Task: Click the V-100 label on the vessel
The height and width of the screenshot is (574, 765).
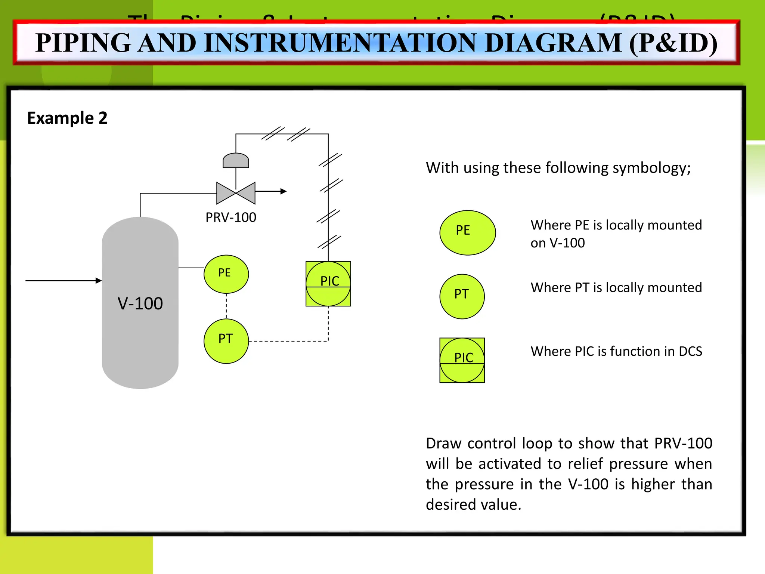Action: pos(140,303)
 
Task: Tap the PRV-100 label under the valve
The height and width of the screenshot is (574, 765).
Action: pos(231,217)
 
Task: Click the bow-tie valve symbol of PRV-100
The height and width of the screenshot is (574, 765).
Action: pos(236,193)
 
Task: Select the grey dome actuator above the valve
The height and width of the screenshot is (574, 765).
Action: pos(236,161)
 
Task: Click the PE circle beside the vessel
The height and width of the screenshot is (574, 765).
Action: pos(226,274)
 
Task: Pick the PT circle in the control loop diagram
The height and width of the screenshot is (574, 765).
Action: pos(226,341)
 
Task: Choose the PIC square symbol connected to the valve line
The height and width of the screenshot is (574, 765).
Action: pos(328,284)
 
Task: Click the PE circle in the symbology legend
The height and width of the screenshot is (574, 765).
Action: pos(467,232)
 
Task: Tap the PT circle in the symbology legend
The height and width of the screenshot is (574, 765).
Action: pos(462,296)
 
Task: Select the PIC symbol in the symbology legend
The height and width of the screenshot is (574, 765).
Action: pos(462,360)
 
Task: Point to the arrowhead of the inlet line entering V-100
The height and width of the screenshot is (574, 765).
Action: pos(99,280)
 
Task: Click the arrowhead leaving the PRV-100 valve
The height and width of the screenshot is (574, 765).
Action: pos(284,191)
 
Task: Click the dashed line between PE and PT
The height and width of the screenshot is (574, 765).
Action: pos(226,306)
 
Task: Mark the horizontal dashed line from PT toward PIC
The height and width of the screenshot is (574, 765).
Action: pos(288,341)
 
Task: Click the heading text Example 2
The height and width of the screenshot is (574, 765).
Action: pos(67,118)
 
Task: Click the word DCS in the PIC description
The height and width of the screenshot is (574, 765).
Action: pos(690,351)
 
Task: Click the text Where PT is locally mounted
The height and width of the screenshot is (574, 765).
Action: pos(616,287)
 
